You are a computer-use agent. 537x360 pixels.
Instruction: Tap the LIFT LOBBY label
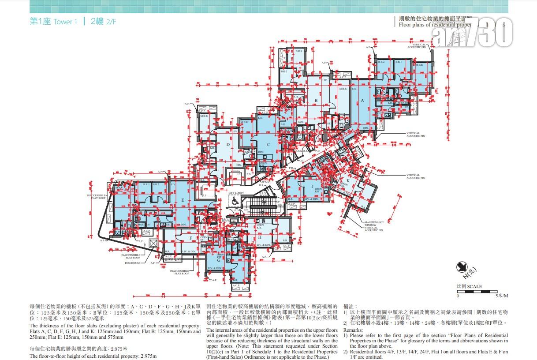coord(236,193)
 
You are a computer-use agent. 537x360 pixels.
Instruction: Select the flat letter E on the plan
coord(183,200)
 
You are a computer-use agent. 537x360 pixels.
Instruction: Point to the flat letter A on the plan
coord(362,101)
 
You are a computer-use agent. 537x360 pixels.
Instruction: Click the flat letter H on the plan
coord(261,237)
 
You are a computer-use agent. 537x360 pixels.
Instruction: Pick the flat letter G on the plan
coord(218,260)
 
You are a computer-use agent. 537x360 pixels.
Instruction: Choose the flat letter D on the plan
coord(228,144)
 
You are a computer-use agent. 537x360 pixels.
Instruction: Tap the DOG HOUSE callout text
coord(132,263)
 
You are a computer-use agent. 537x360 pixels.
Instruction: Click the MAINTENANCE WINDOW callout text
coord(374,224)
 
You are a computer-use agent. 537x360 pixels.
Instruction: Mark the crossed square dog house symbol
coord(153,243)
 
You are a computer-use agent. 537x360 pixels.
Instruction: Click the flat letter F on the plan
coord(190,238)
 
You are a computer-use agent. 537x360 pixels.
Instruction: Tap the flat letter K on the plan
coord(348,181)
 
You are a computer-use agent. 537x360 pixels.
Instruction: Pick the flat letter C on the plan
coord(268,144)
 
